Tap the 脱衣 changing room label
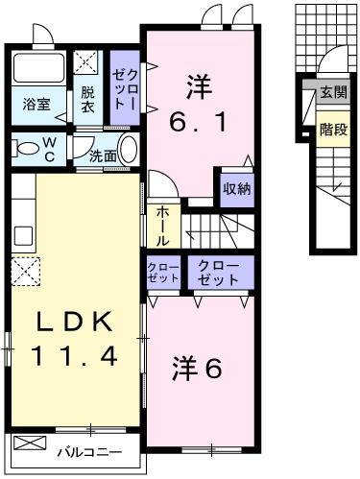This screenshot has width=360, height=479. pos(87,100)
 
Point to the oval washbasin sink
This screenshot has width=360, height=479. pos(131,151)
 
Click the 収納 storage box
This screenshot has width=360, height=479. pos(236,189)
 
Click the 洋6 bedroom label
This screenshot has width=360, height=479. pos(200,366)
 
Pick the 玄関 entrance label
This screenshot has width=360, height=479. pos(332,93)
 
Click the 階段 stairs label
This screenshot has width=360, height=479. pos(332,129)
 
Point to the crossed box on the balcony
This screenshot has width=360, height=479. pos(30,444)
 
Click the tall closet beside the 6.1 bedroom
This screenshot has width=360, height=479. pos(125,87)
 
